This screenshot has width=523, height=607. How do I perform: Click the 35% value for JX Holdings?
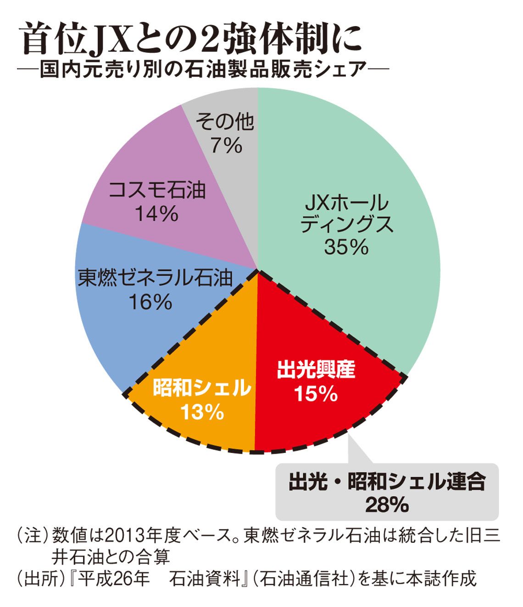[346, 247]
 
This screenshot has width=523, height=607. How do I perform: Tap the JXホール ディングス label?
[346, 214]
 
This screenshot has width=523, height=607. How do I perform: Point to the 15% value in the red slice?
[316, 394]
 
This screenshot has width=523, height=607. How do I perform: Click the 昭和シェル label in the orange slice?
[202, 389]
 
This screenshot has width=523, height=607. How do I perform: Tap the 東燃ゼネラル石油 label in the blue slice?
[155, 278]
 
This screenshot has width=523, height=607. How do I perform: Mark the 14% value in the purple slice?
[156, 214]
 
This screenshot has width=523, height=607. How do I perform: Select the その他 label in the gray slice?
[225, 123]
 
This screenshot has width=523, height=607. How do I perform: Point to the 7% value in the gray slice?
[225, 145]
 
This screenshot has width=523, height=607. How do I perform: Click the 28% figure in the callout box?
[387, 505]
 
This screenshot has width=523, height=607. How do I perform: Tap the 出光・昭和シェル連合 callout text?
[387, 483]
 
